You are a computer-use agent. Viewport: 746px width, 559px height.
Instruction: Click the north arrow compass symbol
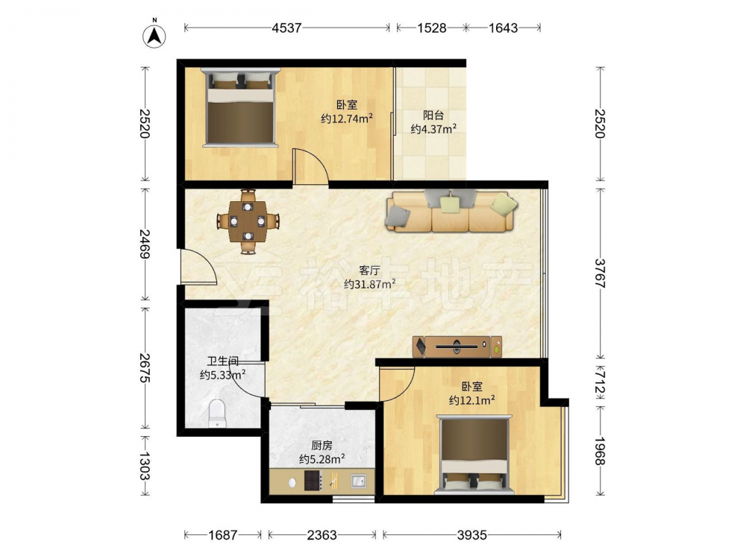pos(154,35)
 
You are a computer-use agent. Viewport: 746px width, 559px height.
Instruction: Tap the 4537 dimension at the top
pos(286,28)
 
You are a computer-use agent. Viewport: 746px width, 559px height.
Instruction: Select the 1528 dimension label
pos(431,28)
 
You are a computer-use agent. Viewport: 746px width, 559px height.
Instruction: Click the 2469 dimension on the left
pos(145,244)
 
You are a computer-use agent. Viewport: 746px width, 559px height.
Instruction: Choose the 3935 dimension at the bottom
pos(472,535)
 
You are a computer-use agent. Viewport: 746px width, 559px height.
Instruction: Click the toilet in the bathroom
pos(217,413)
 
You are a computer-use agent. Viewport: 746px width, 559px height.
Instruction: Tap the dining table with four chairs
pos(248,221)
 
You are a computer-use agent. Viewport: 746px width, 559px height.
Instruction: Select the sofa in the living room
pos(451,212)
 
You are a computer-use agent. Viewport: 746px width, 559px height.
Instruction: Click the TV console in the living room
pos(457,347)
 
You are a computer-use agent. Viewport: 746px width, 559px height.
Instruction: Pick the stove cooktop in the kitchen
pos(313,481)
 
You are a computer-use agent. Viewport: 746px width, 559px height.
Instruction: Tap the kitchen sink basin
pos(358,481)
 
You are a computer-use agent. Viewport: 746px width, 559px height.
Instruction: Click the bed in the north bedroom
pos(240,107)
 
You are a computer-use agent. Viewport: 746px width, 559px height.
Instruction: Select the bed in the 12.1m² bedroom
pos(474,455)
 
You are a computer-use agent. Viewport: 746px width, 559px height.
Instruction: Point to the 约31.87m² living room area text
pos(370,284)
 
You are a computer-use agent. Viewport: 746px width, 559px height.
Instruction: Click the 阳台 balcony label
pos(433,115)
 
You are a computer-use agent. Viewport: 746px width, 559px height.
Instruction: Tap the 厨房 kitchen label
pos(322,446)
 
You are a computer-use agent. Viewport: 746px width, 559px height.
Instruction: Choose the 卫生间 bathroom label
pos(222,361)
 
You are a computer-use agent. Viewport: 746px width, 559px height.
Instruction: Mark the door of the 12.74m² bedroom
pos(310,166)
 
